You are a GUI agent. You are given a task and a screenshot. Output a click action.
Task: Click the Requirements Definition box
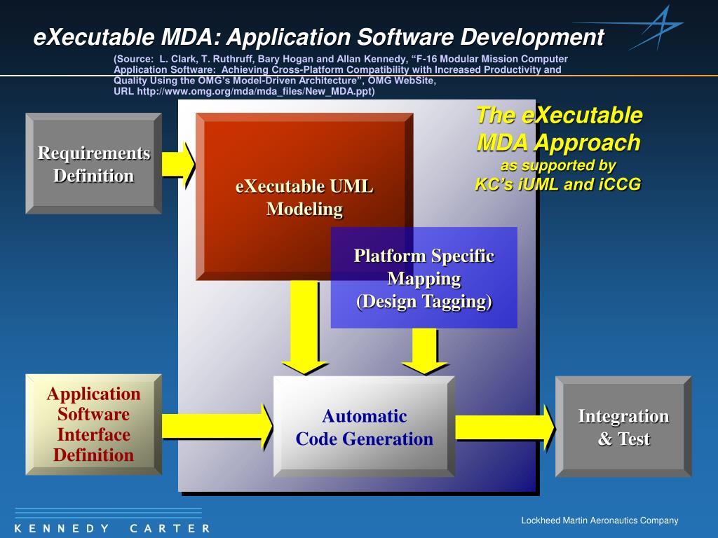pos(93,164)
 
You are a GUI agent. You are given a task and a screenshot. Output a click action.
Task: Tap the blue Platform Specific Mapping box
pos(424,278)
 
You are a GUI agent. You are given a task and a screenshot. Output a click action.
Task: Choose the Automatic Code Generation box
pos(364,427)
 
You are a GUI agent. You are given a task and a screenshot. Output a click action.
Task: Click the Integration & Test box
pos(623,427)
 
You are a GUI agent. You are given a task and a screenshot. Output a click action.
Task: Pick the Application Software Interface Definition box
pos(93,425)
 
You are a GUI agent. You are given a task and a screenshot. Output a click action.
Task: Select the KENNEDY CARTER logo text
pos(111,528)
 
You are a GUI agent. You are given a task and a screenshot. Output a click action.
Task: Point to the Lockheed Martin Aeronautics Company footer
pos(600,520)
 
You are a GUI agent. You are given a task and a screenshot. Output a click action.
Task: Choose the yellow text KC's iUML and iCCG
pos(558,184)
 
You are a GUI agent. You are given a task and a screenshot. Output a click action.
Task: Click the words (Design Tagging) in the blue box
pos(424,302)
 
